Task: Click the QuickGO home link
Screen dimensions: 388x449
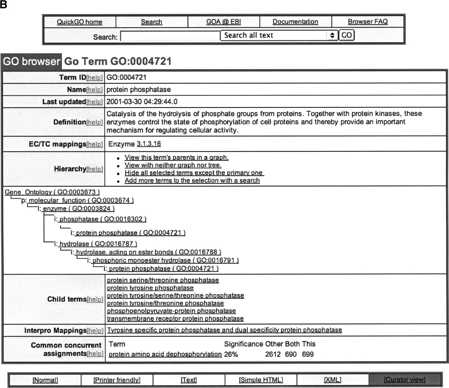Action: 80,22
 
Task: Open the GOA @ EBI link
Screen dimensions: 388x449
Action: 223,22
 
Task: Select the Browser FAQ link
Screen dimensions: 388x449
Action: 368,22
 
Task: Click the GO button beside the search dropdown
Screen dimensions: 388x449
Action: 346,36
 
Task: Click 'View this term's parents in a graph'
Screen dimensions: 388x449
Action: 176,158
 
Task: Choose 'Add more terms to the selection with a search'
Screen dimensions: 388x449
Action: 192,181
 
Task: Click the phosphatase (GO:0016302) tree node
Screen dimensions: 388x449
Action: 103,219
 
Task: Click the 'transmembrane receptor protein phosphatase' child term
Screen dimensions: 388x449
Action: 175,319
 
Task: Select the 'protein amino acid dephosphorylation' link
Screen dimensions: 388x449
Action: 165,354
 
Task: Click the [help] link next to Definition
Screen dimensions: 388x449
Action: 95,122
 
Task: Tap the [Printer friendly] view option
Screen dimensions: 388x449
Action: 117,380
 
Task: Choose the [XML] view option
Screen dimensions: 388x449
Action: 332,380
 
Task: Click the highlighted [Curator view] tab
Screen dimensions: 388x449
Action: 404,380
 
